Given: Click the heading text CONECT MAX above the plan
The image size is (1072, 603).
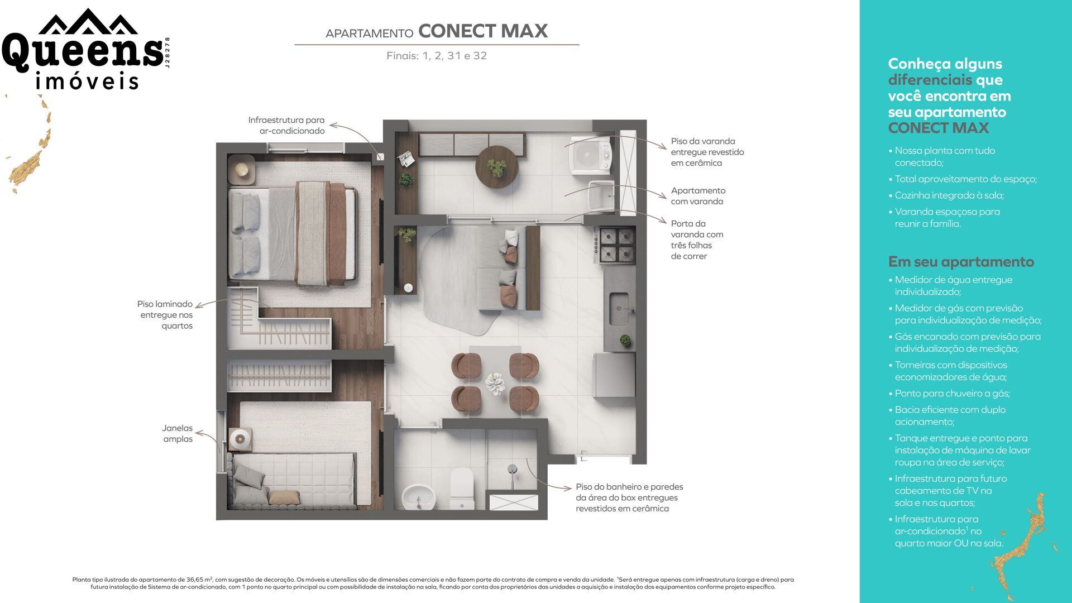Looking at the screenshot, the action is coord(483,31).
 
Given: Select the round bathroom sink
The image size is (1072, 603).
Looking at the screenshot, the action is coord(419,496).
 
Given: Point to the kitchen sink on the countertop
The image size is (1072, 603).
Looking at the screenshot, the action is coord(619,309).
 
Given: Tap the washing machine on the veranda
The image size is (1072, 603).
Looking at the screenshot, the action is coord(590,155).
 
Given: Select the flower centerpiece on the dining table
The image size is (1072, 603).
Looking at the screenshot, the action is coord(495,383).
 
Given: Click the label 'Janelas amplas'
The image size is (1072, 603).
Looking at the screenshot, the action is coord(178,434).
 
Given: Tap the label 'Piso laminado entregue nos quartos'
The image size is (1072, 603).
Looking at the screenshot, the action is coord(165,315).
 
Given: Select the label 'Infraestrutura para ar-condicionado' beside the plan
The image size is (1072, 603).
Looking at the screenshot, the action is coord(286,126).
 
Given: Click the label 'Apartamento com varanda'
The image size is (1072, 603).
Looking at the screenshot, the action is coord(698,196).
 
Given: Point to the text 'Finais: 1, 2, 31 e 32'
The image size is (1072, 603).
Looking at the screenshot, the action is coord(437,56).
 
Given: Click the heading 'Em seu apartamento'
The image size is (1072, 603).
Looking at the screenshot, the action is coord(961,262).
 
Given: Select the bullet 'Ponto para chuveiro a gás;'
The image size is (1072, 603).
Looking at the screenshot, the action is coord(949,394).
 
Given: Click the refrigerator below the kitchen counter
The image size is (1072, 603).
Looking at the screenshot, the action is coord(614,375).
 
